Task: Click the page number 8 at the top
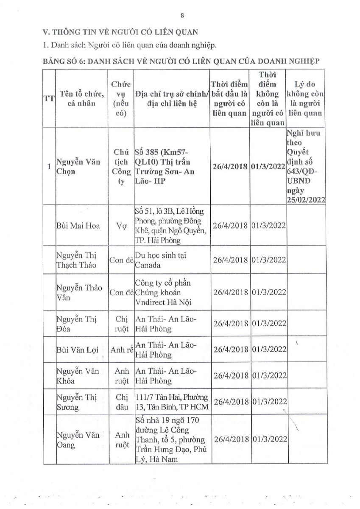182,16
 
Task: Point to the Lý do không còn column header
304,98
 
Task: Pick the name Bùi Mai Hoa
78,226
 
